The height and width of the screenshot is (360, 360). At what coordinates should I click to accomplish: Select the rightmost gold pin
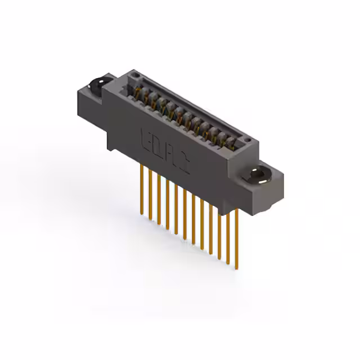click(x=237, y=236)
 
